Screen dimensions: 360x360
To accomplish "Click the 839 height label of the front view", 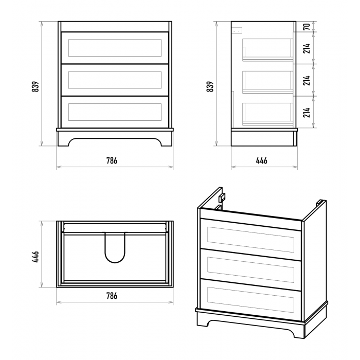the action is tap(35, 86).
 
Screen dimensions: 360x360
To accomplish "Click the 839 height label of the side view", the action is tap(210, 86).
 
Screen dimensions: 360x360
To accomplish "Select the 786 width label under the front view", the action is tap(112, 160).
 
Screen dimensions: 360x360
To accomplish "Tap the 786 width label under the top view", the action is tap(112, 296).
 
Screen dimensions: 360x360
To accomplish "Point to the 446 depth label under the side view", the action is tap(261, 160).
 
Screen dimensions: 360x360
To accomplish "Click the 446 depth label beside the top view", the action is tap(35, 257).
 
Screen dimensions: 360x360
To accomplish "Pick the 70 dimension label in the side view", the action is tap(307, 26).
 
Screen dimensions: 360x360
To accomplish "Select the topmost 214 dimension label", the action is tap(307, 48).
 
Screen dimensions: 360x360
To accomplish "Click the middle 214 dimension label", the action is tap(307, 80).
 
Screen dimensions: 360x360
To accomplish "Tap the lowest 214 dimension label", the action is tap(307, 112).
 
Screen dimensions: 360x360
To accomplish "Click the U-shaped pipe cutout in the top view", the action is tap(115, 247).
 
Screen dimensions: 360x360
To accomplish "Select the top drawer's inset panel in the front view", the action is tap(115, 48).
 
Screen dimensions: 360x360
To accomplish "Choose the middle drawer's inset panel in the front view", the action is tap(115, 80).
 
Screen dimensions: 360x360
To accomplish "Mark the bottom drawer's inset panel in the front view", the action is tap(115, 112).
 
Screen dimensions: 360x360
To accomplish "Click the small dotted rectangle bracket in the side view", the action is tap(237, 30).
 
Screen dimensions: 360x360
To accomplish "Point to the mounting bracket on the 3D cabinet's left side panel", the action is tap(222, 197).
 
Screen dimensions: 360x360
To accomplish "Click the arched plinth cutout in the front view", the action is tap(115, 142).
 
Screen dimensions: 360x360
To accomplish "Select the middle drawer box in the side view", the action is tap(268, 82).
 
